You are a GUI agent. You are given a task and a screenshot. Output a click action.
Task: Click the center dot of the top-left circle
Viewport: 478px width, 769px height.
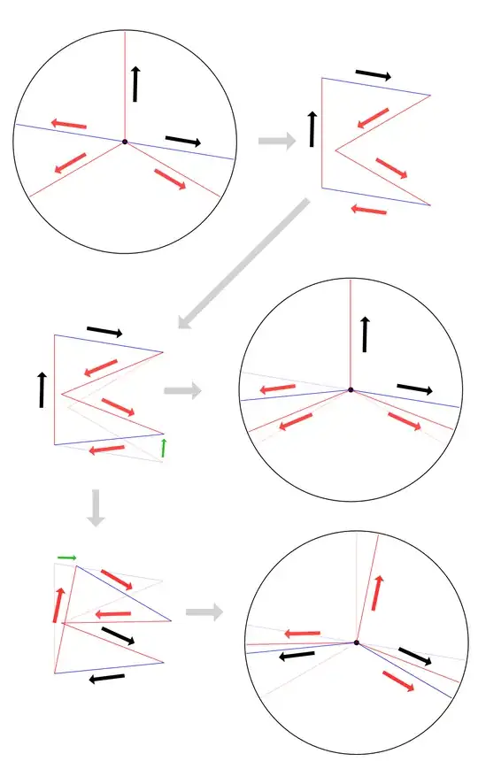[x=125, y=142]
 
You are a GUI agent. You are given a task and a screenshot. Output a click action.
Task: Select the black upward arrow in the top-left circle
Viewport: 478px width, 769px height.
[x=135, y=83]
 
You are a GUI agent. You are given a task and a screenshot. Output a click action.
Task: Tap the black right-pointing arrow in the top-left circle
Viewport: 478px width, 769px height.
[x=183, y=141]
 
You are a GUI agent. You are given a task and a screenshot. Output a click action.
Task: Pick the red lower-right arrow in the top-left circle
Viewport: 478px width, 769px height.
[x=171, y=178]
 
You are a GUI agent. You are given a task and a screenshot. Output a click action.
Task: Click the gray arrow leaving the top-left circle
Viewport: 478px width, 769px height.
[x=277, y=140]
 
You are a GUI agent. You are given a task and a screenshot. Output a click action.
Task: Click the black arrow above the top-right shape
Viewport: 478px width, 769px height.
[x=373, y=75]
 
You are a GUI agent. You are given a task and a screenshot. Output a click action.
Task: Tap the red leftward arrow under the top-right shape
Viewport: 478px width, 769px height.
[x=368, y=210]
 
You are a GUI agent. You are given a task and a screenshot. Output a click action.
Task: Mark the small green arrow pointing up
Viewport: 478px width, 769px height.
[x=163, y=449]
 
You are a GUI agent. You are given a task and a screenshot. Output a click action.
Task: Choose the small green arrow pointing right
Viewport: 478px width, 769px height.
[x=67, y=557]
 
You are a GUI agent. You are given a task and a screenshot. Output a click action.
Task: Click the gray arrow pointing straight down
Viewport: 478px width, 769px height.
[x=96, y=509]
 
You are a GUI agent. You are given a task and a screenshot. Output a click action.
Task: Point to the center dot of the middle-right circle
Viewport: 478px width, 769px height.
[x=351, y=389]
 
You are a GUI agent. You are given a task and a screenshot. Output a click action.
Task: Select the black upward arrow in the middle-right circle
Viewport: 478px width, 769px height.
[x=364, y=334]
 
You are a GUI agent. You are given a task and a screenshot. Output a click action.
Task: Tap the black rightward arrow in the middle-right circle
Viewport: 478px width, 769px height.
[x=414, y=388]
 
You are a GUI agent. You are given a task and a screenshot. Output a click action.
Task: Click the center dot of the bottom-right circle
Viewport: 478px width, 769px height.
[x=356, y=642]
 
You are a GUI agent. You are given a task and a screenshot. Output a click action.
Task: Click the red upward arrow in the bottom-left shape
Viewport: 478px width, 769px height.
[x=58, y=605]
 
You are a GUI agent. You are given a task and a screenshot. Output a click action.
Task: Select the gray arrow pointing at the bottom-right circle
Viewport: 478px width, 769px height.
[x=204, y=611]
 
